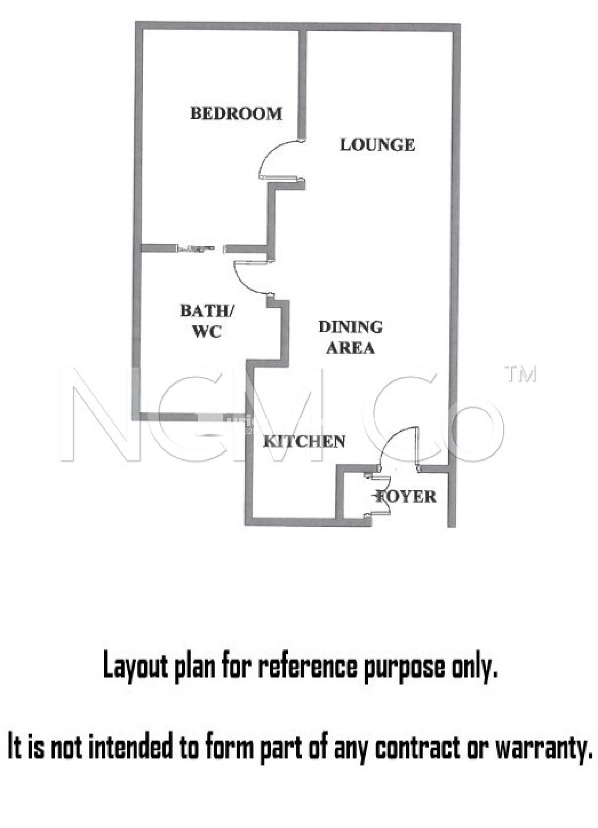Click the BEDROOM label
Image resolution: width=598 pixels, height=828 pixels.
(x=236, y=114)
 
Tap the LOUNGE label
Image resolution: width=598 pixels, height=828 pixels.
(x=377, y=145)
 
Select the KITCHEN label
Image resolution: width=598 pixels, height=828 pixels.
(x=304, y=441)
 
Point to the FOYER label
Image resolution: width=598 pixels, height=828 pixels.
(x=406, y=496)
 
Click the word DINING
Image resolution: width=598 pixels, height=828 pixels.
(x=350, y=327)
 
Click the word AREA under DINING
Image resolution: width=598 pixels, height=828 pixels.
(x=350, y=348)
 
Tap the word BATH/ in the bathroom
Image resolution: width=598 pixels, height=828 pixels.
(x=207, y=311)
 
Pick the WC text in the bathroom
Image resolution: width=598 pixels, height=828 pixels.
(x=207, y=332)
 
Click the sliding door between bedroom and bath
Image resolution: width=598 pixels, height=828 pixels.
(x=198, y=249)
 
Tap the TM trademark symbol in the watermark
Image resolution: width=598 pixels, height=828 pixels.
(x=522, y=374)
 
